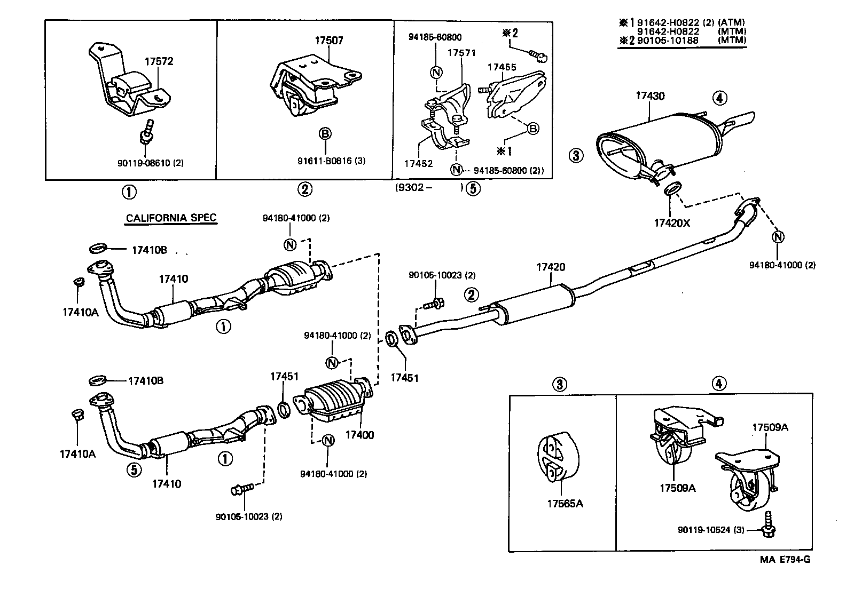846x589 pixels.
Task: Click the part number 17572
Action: (x=159, y=61)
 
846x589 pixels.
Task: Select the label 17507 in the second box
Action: (x=328, y=40)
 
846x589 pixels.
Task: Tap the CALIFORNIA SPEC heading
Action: (x=171, y=218)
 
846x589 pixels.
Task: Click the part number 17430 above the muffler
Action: (x=649, y=96)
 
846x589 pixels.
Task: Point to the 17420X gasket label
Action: (x=671, y=223)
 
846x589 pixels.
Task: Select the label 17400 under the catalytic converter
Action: (x=359, y=435)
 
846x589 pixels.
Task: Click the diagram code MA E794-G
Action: (x=785, y=560)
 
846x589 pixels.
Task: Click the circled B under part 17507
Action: (x=325, y=133)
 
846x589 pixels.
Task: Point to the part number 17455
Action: (x=502, y=67)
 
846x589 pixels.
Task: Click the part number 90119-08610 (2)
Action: (x=150, y=163)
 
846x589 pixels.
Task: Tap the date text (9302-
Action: (x=414, y=188)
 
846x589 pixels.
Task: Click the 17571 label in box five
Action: (x=461, y=53)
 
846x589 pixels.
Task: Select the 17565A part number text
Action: (x=565, y=503)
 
